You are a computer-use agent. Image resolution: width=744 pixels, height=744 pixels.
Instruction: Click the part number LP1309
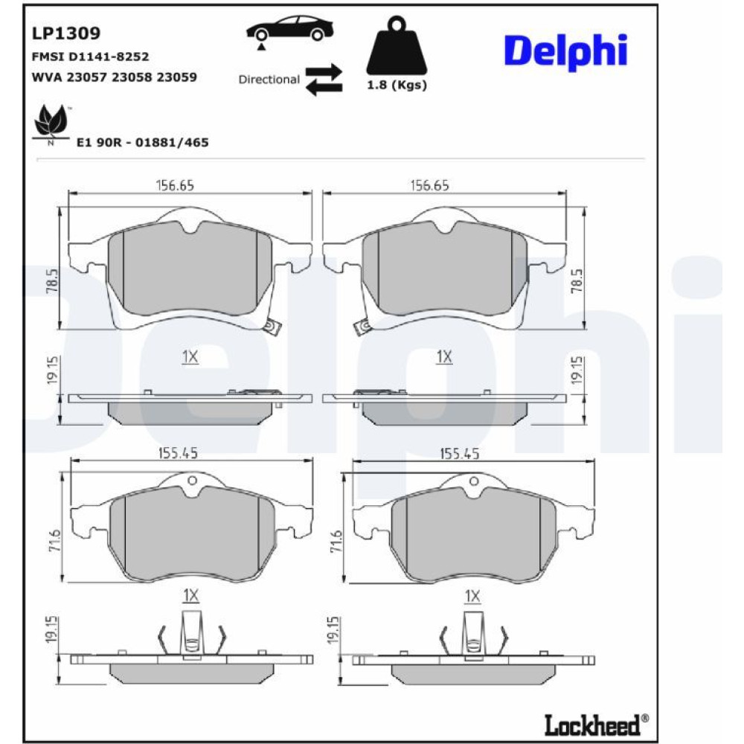point(66,33)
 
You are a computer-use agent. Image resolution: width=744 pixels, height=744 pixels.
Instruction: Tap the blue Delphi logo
point(565,51)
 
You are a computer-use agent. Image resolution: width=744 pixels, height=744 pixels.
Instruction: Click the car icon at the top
point(289,28)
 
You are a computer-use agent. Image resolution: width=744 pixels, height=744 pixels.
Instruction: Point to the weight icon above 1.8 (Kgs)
point(397,45)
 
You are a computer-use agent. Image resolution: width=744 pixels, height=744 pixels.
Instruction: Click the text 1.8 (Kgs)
point(397,85)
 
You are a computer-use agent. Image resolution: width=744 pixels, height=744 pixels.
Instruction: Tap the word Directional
point(269,80)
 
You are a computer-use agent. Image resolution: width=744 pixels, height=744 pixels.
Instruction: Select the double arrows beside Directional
point(324,80)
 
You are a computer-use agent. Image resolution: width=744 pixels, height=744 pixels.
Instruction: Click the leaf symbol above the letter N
point(51,121)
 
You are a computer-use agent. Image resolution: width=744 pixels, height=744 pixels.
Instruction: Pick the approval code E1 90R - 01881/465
point(142,142)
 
